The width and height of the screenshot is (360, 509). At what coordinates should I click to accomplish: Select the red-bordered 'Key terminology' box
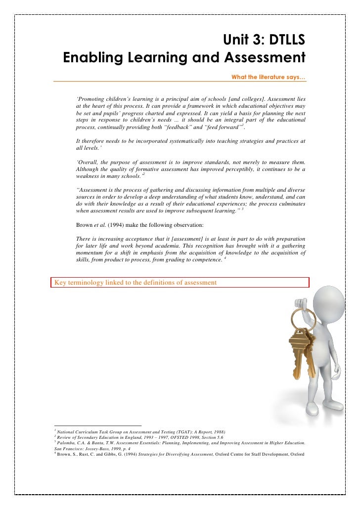(180, 282)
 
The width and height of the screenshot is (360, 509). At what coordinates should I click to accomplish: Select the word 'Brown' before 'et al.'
(84, 224)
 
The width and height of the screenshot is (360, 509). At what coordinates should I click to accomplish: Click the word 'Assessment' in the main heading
(266, 58)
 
